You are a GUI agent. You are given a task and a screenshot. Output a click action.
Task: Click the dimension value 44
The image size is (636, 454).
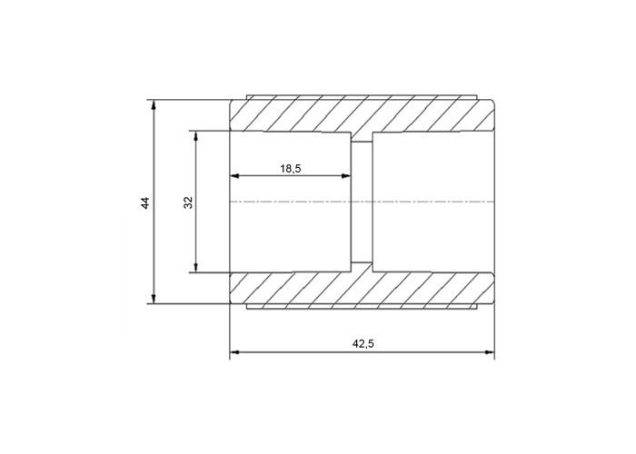click(x=145, y=202)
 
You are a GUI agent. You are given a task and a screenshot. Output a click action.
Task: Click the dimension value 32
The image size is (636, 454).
click(x=188, y=202)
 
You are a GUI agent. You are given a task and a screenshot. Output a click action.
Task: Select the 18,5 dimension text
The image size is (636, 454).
click(x=291, y=169)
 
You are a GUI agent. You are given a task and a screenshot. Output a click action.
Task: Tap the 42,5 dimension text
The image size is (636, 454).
click(x=363, y=344)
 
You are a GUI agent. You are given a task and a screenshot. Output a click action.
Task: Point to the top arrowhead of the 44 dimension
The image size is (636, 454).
click(x=154, y=104)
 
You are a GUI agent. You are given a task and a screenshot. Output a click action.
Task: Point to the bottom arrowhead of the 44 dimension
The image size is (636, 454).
click(x=154, y=299)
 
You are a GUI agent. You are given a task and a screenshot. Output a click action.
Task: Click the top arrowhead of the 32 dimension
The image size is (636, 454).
click(x=196, y=136)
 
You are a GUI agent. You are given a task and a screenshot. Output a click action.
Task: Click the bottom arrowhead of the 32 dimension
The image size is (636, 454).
click(x=196, y=268)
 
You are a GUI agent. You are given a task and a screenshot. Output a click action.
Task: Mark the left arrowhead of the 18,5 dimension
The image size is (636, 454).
click(x=234, y=176)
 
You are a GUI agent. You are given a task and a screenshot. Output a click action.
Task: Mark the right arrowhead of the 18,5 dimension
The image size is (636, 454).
click(x=345, y=176)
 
